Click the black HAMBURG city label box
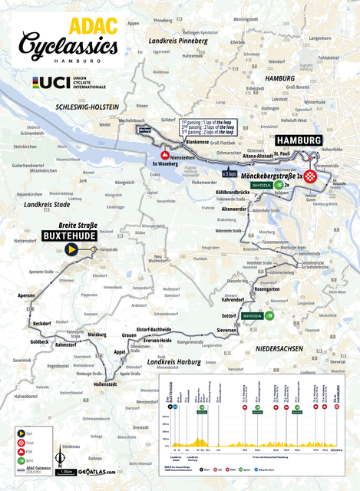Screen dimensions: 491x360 [x=297, y=141]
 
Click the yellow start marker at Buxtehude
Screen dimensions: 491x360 [x=71, y=249]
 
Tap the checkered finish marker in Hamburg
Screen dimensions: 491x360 [x=310, y=176]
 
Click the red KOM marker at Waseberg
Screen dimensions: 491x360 [x=164, y=155]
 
